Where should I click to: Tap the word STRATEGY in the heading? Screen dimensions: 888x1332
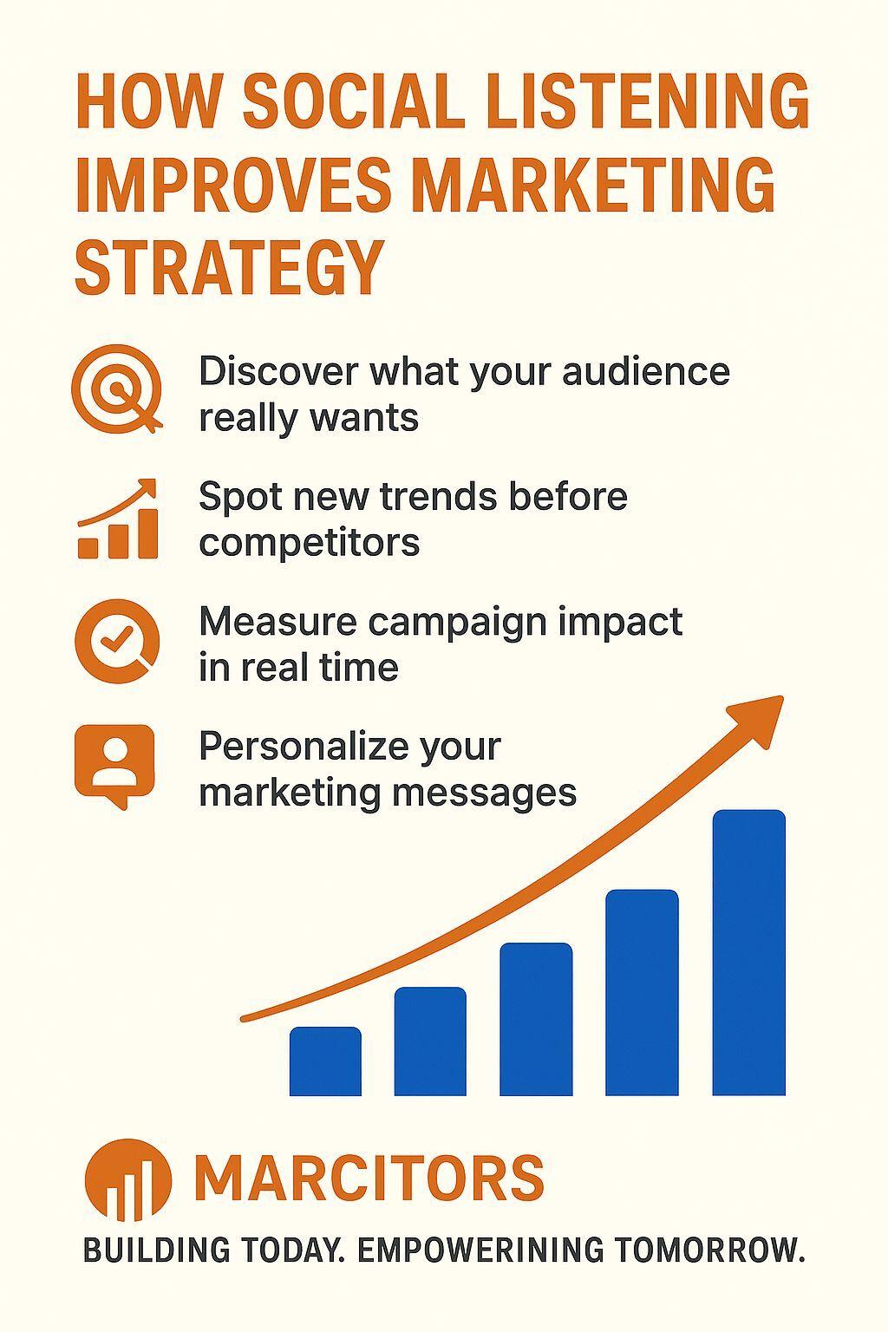228,267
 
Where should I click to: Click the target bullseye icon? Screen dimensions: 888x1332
117,388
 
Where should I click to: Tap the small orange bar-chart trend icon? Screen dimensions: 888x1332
118,519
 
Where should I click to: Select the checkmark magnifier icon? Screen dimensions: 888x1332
117,642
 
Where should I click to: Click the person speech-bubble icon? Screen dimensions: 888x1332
114,767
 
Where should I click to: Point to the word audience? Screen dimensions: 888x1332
645,372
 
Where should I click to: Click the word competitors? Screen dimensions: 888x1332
310,544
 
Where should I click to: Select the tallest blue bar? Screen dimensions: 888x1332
749,953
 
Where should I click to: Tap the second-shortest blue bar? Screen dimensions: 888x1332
430,1041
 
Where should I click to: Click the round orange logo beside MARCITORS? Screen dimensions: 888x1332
127,1181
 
